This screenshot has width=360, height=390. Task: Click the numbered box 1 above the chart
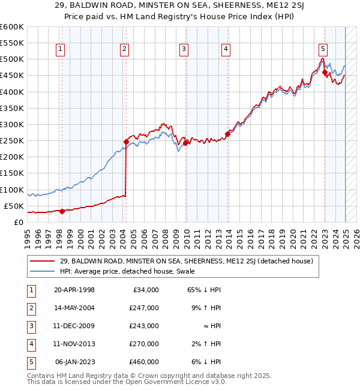coord(62,50)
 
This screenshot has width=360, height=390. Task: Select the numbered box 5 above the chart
coord(323,50)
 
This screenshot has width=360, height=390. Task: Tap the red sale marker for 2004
coord(126,142)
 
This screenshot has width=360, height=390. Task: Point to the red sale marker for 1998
coord(62,211)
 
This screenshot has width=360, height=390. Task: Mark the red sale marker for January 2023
coord(325,73)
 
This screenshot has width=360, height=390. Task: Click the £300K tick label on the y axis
coord(12,124)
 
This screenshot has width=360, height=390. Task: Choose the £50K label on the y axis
coord(14,206)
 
